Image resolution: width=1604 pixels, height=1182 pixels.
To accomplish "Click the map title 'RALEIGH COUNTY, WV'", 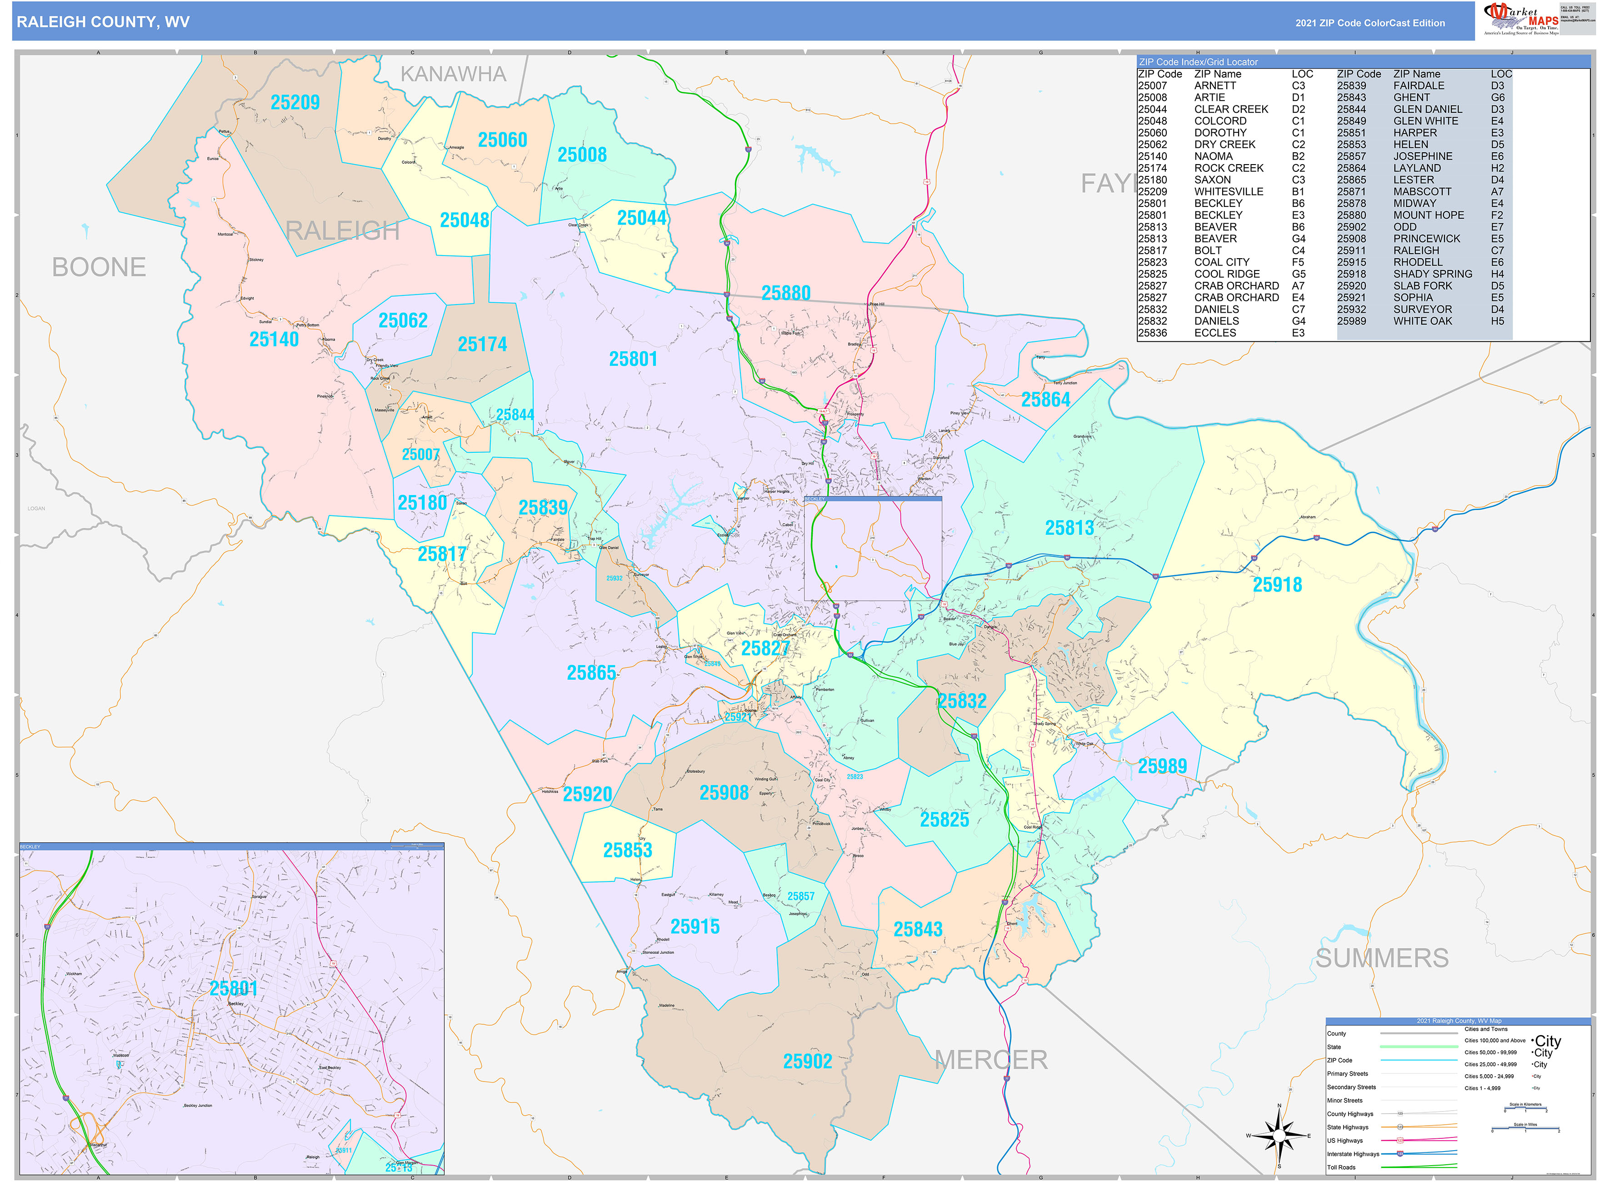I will click(103, 22).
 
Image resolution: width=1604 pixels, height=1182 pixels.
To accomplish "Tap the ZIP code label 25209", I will click(295, 102).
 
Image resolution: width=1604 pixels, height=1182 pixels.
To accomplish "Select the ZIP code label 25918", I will click(1277, 585).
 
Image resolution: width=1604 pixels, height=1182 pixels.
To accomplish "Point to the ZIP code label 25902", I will click(807, 1061).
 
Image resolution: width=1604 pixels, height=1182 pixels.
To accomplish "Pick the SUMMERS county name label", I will click(1381, 958).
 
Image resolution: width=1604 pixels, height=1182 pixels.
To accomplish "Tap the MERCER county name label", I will click(991, 1060).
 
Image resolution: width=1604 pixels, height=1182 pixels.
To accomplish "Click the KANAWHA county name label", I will click(453, 74).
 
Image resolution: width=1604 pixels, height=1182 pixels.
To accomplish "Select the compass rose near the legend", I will click(1279, 1136).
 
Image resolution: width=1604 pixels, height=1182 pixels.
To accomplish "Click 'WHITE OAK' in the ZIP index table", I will click(1422, 321).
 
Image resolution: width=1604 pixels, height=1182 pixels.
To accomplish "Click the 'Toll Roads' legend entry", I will click(1341, 1167).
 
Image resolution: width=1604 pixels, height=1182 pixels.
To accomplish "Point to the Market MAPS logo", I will click(1520, 19).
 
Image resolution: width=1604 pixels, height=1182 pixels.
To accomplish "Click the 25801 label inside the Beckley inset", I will click(233, 988).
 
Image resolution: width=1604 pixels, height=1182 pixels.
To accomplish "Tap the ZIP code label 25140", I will click(274, 339).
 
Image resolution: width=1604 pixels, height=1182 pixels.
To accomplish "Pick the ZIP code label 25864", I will click(1045, 399).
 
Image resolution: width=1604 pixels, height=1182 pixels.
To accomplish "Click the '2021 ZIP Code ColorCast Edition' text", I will click(1369, 23).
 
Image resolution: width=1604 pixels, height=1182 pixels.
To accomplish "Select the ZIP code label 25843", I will click(917, 929).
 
